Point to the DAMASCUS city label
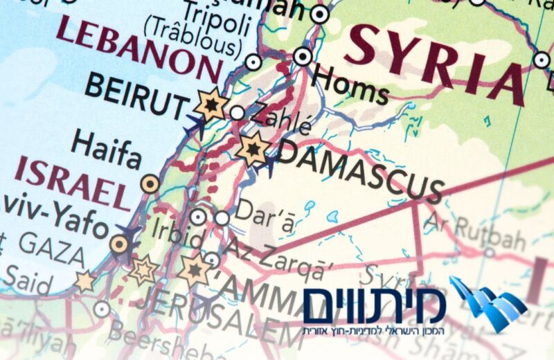point(360,168)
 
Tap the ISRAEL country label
point(73,183)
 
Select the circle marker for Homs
point(303,56)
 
